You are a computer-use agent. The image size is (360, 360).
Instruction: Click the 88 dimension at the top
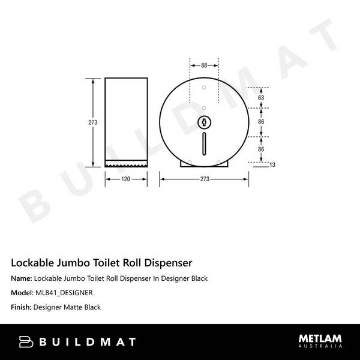[204, 65]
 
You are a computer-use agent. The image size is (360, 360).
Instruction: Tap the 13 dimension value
[272, 164]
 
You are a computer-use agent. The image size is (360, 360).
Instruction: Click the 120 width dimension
[127, 178]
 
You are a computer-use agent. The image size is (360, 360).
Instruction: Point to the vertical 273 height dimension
[92, 122]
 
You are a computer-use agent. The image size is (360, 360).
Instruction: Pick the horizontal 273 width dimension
[204, 178]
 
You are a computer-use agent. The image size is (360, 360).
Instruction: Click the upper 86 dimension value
[261, 122]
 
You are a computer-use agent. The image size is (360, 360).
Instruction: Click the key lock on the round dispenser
[204, 122]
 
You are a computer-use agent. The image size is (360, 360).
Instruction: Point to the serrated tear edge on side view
[127, 163]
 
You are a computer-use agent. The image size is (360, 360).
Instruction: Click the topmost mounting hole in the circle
[204, 88]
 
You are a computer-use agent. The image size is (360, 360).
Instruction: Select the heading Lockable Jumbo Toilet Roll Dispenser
[101, 262]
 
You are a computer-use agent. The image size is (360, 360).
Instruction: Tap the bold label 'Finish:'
[21, 307]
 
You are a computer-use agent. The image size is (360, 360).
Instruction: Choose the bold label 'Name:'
[22, 278]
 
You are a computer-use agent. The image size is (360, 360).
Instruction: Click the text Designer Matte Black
[67, 307]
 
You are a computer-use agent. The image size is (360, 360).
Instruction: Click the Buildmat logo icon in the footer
[27, 342]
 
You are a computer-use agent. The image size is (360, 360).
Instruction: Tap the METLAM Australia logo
[320, 341]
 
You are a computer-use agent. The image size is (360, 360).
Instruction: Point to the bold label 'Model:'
[22, 293]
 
